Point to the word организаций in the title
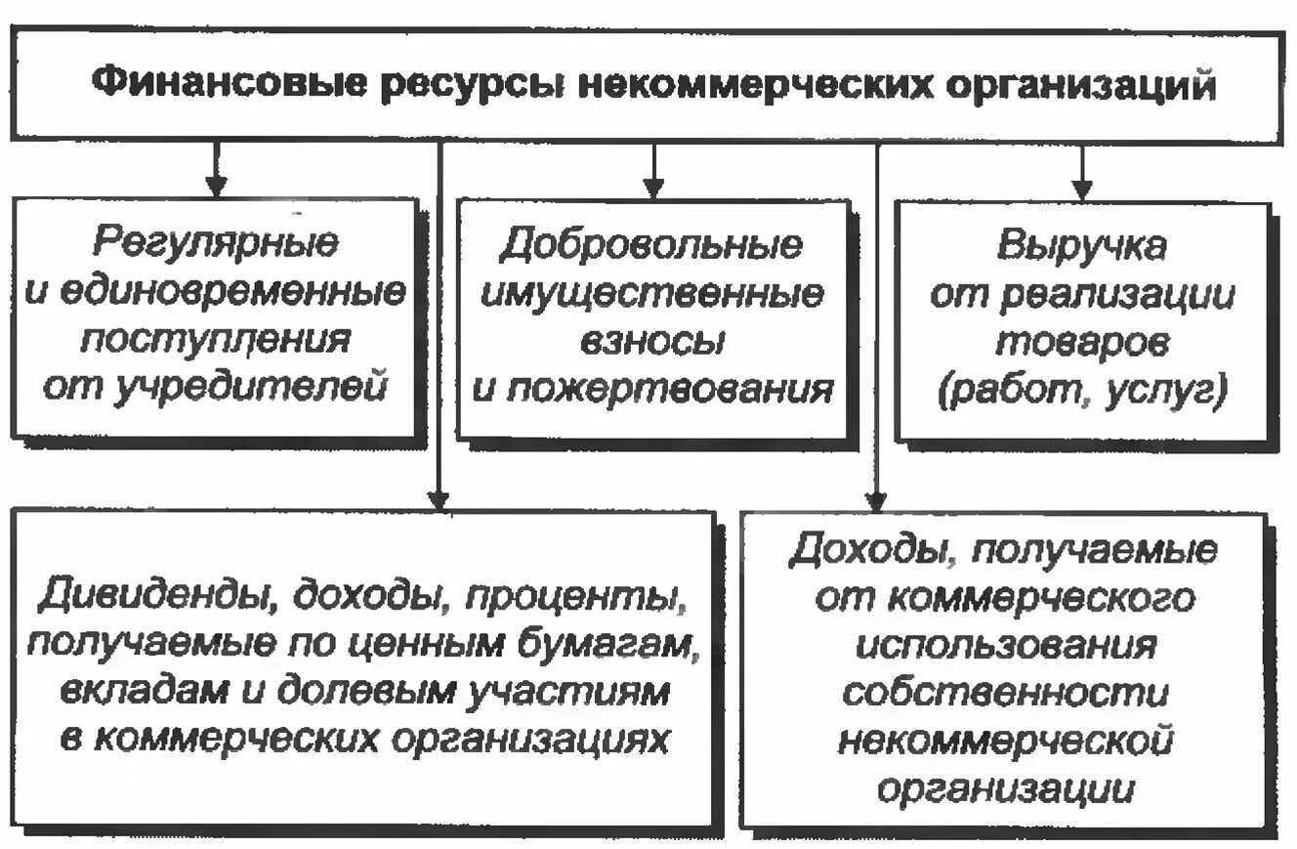coord(1083,86)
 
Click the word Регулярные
coord(217,243)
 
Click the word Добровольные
coord(652,244)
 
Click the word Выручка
coord(1081,246)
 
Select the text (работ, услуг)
coord(1081,391)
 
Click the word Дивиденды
coord(159,593)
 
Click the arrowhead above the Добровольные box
coord(653,188)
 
